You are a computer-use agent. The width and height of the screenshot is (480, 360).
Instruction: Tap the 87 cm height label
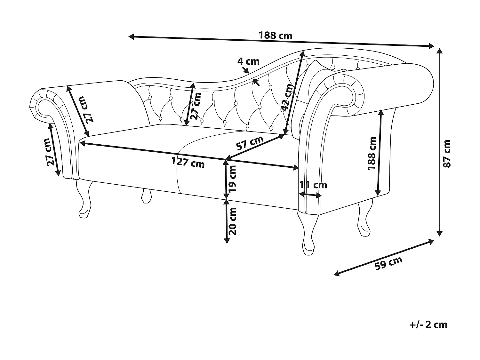(447, 154)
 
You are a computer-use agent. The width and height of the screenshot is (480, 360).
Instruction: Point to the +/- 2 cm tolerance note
(428, 324)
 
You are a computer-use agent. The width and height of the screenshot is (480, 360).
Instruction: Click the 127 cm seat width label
(188, 162)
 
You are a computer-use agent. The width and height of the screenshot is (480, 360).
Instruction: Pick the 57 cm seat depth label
(250, 143)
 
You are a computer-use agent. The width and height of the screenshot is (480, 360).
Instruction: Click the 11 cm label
(313, 185)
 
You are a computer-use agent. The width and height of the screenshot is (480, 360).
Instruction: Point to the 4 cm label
(249, 61)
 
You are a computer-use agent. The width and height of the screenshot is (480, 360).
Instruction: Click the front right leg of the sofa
(307, 234)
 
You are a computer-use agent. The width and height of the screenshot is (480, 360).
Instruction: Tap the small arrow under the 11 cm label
(310, 194)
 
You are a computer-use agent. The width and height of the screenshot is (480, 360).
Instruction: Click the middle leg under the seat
(146, 196)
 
